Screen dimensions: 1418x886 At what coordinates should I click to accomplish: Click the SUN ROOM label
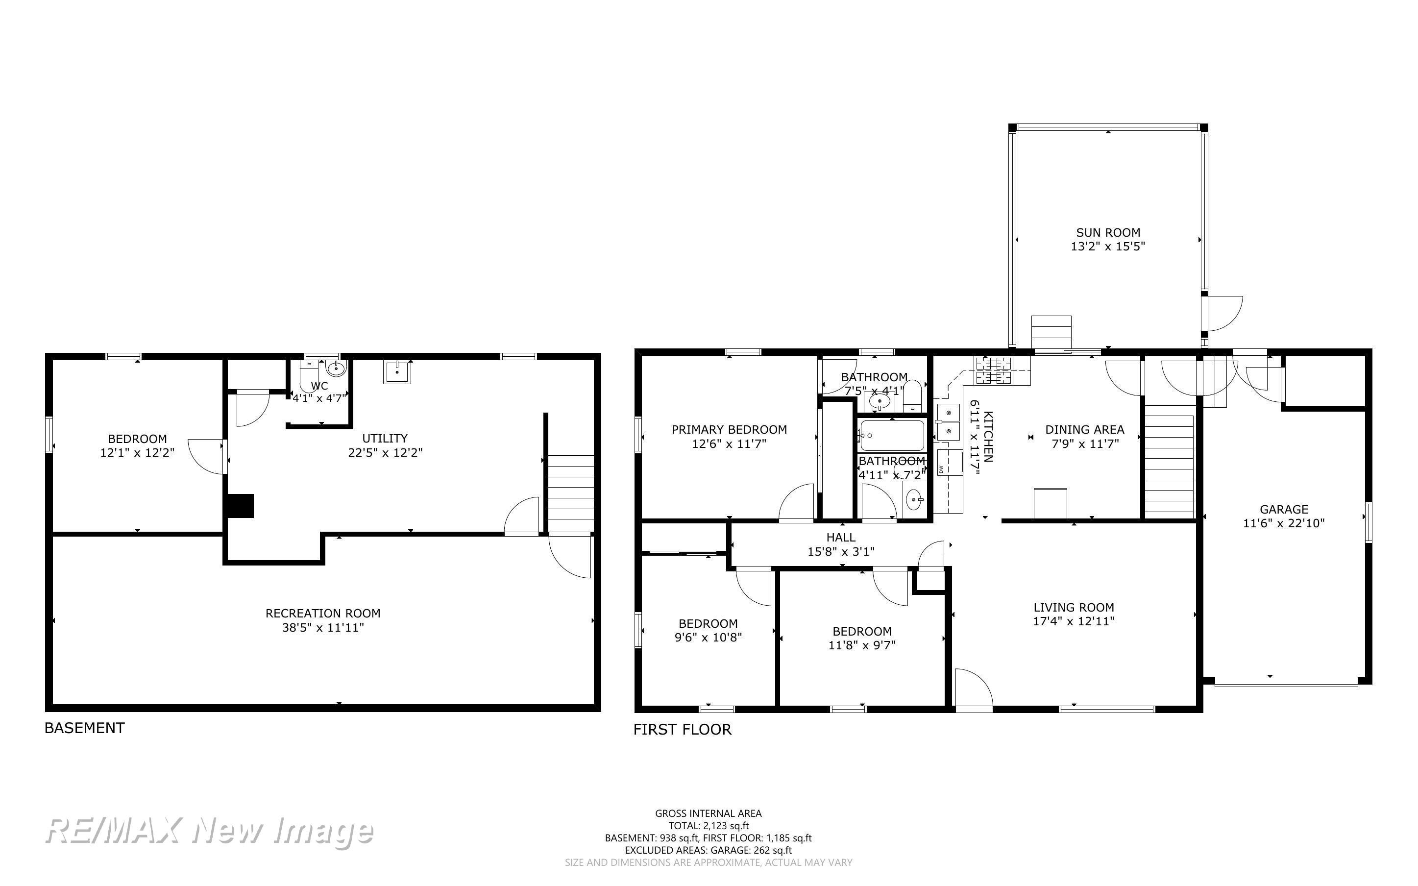click(x=1107, y=232)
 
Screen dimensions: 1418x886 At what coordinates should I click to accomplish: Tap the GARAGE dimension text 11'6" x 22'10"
click(x=1284, y=523)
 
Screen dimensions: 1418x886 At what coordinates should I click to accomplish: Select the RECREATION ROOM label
click(x=323, y=613)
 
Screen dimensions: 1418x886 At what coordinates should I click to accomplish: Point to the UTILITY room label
click(x=385, y=438)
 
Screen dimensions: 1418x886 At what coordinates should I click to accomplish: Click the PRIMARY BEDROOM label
click(x=729, y=429)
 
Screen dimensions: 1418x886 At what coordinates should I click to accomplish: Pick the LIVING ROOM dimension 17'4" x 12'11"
click(x=1074, y=621)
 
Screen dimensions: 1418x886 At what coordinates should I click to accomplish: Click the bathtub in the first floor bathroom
click(x=891, y=435)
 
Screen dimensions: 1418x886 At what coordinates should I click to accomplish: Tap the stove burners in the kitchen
click(x=993, y=370)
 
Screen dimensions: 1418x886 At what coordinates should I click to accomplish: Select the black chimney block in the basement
click(x=240, y=506)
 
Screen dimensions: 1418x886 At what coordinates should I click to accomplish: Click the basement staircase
click(x=571, y=493)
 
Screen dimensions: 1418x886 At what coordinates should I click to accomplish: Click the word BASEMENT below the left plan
click(x=84, y=728)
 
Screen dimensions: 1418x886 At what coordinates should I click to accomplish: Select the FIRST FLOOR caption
click(x=683, y=730)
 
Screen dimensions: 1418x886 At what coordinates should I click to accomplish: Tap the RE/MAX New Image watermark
click(x=209, y=831)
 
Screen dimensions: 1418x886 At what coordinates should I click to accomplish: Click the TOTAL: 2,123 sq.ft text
click(x=709, y=826)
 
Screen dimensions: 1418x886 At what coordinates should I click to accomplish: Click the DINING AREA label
click(x=1085, y=429)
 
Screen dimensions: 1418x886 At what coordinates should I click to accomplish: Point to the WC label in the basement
click(x=319, y=386)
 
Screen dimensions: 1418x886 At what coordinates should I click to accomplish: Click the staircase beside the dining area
click(x=1169, y=466)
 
